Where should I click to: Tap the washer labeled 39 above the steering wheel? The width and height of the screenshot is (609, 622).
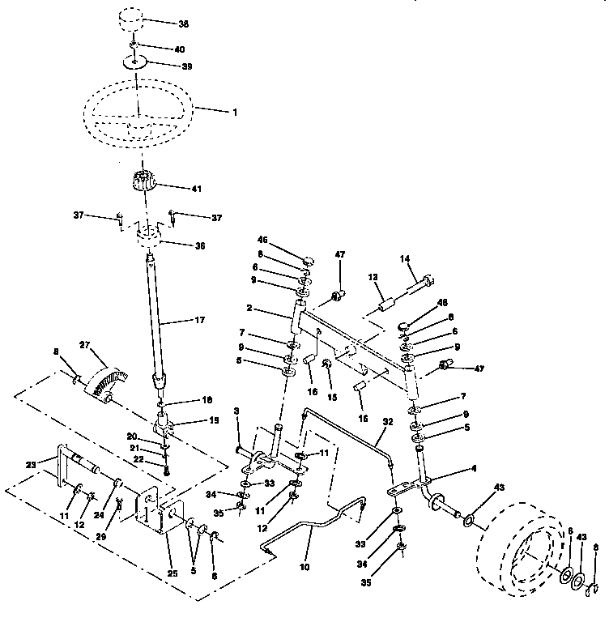click(x=136, y=62)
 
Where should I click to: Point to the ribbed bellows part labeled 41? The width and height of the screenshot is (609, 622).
click(x=142, y=184)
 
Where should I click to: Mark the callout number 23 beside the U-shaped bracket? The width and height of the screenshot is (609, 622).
click(x=31, y=464)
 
